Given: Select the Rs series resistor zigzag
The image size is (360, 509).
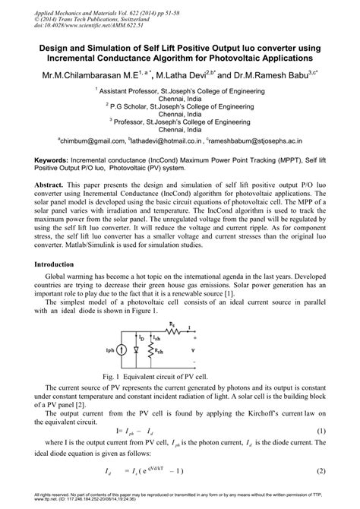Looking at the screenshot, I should point(176,312).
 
